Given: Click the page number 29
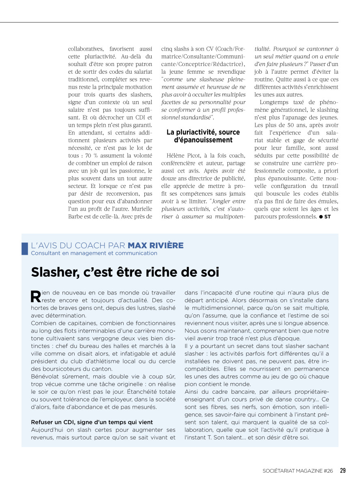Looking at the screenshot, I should [x=343, y=470].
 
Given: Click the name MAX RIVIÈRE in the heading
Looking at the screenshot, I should [x=155, y=245].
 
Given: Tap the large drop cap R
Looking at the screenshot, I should [x=36, y=297].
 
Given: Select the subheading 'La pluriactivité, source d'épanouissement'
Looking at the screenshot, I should [x=203, y=136].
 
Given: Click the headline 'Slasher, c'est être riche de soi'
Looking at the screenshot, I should [x=125, y=272].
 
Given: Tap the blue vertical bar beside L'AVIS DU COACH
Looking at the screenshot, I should [x=24, y=248].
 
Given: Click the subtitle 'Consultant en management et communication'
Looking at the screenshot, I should [x=94, y=253].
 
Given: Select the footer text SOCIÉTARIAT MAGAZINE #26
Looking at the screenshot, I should [x=298, y=471].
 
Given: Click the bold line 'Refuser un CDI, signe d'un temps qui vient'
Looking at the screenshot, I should [x=92, y=422].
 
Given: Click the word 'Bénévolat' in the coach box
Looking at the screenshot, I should [x=46, y=376].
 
